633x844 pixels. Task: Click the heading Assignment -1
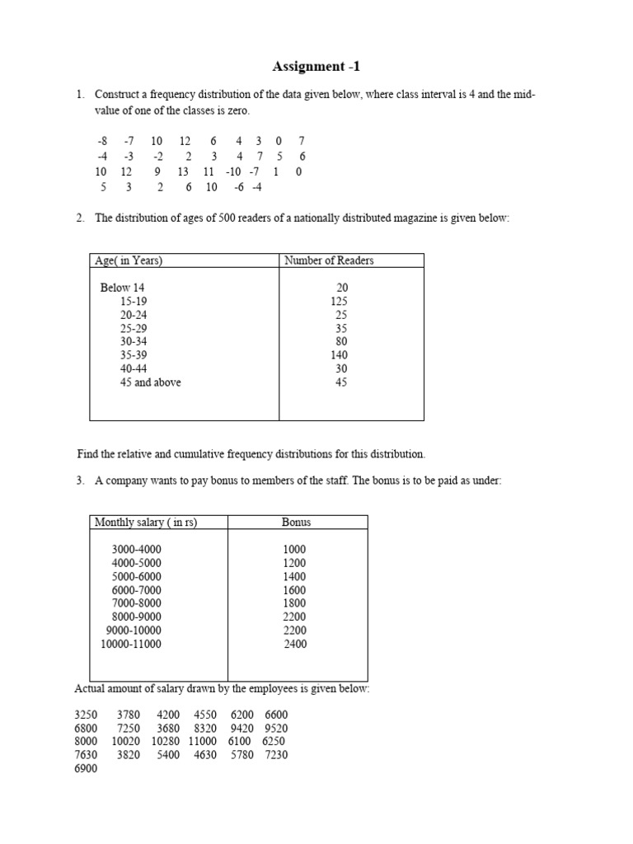point(316,67)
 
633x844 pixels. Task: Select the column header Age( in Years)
point(129,260)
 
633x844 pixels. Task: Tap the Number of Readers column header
point(329,260)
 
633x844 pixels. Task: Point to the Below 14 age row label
point(123,288)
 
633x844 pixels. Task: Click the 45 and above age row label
point(150,382)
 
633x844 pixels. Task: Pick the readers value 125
point(338,302)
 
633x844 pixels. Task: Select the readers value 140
point(338,355)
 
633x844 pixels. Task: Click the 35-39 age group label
point(134,355)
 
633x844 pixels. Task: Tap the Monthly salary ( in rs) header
point(146,522)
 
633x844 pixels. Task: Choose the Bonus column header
point(296,522)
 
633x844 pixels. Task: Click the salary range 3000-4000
point(137,550)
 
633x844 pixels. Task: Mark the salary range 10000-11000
point(131,644)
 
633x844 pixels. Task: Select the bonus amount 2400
point(294,644)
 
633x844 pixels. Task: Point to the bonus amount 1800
point(294,603)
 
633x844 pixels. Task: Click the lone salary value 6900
point(86,768)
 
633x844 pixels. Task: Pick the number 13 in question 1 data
point(182,171)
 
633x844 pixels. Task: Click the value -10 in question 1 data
point(232,171)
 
